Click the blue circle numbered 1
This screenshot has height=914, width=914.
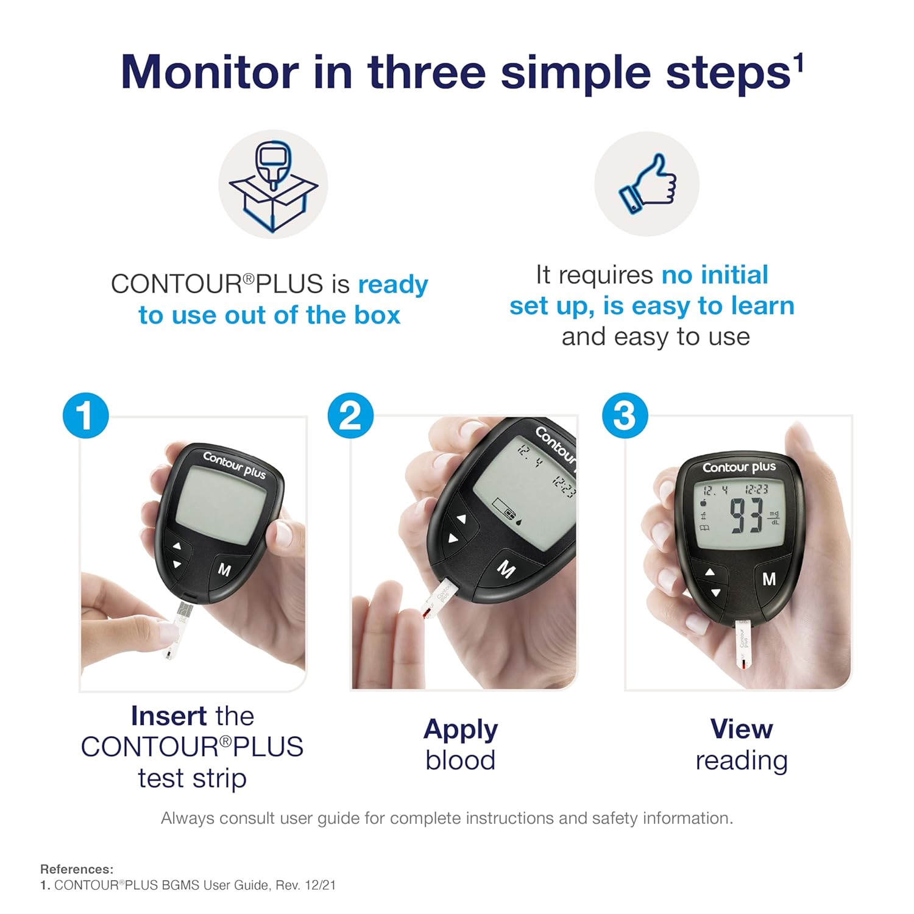click(x=86, y=416)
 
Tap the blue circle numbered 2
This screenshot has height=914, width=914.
click(x=350, y=416)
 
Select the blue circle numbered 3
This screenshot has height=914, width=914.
click(x=625, y=416)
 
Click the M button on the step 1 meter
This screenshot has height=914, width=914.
click(x=224, y=570)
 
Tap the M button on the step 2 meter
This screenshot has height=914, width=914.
click(x=506, y=569)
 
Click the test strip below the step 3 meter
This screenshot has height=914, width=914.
click(x=742, y=645)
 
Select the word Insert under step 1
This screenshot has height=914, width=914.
click(x=169, y=716)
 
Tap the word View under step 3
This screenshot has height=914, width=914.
click(x=742, y=729)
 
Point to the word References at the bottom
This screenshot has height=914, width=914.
click(x=77, y=870)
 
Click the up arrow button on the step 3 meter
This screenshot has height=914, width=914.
click(x=710, y=572)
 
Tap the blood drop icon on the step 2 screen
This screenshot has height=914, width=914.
click(x=519, y=521)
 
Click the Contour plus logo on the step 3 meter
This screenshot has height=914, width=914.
click(x=739, y=467)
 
